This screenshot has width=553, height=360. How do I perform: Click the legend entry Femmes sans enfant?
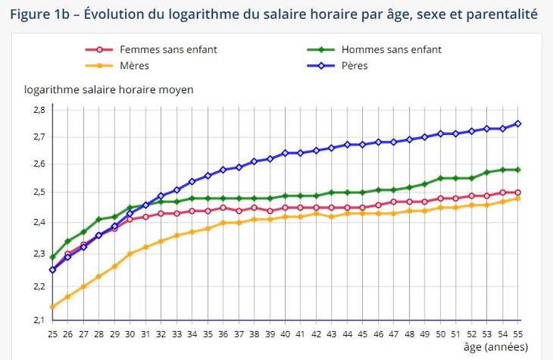168,50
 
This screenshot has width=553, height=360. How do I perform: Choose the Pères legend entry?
355,66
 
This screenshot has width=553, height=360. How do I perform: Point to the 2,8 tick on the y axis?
39,110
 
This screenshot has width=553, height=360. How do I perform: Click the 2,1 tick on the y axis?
39,320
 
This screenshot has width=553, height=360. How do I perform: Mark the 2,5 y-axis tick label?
39,193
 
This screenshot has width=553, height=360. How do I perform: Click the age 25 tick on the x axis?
52,333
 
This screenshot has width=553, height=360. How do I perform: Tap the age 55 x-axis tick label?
518,333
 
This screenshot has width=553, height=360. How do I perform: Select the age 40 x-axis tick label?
285,333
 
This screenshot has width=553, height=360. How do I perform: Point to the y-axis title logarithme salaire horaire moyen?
109,89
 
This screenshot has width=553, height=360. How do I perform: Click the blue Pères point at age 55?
518,124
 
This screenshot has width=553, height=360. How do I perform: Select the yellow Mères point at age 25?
52,307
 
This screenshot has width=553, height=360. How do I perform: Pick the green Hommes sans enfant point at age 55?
518,170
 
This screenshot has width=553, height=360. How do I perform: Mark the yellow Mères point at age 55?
518,199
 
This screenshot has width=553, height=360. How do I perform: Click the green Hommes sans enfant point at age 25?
52,258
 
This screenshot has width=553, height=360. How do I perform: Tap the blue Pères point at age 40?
285,153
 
